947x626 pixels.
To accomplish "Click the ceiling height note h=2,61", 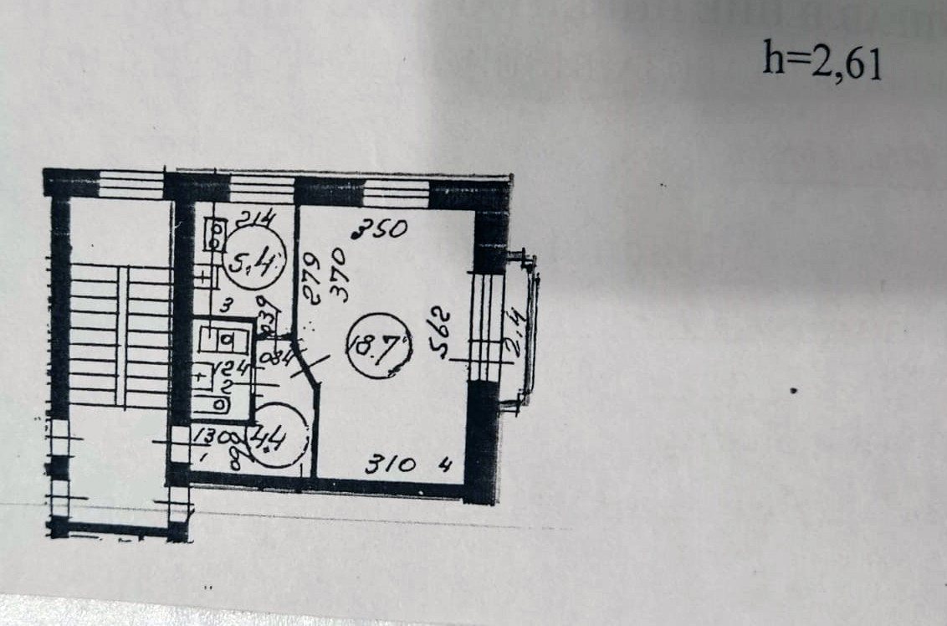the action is click(822, 61).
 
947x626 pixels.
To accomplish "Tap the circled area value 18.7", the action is click(379, 346).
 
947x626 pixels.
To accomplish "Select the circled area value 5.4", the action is click(256, 263).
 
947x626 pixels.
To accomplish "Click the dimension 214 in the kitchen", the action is click(255, 220).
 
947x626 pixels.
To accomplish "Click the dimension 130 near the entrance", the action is click(207, 435).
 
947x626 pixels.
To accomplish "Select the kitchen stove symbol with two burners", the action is click(214, 234).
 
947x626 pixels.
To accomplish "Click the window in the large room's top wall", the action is click(396, 192).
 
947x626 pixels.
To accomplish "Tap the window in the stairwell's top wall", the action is click(130, 183).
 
